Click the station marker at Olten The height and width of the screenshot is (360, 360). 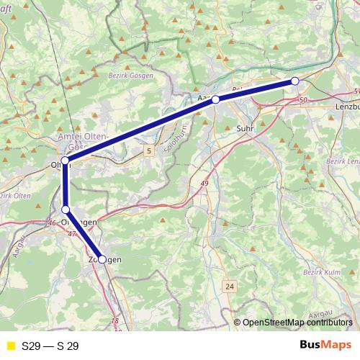click(x=66, y=161)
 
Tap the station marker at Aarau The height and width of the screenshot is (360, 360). click(x=215, y=99)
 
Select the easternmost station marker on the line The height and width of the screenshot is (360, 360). click(x=294, y=81)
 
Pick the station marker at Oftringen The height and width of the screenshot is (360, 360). click(x=66, y=210)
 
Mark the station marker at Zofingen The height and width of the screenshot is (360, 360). click(x=102, y=259)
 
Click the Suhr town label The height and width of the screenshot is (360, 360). click(x=245, y=128)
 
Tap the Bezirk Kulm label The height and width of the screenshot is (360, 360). click(x=322, y=271)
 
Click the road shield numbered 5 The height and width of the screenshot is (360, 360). click(x=148, y=150)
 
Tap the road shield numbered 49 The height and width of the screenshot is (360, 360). click(x=205, y=184)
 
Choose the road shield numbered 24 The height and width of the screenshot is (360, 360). click(x=230, y=287)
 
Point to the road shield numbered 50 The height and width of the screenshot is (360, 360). click(x=302, y=99)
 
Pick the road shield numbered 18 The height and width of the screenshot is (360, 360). click(x=115, y=321)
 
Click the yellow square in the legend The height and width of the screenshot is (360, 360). click(x=9, y=346)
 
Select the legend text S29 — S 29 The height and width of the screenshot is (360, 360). click(x=50, y=346)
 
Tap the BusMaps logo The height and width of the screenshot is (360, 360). click(x=325, y=345)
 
